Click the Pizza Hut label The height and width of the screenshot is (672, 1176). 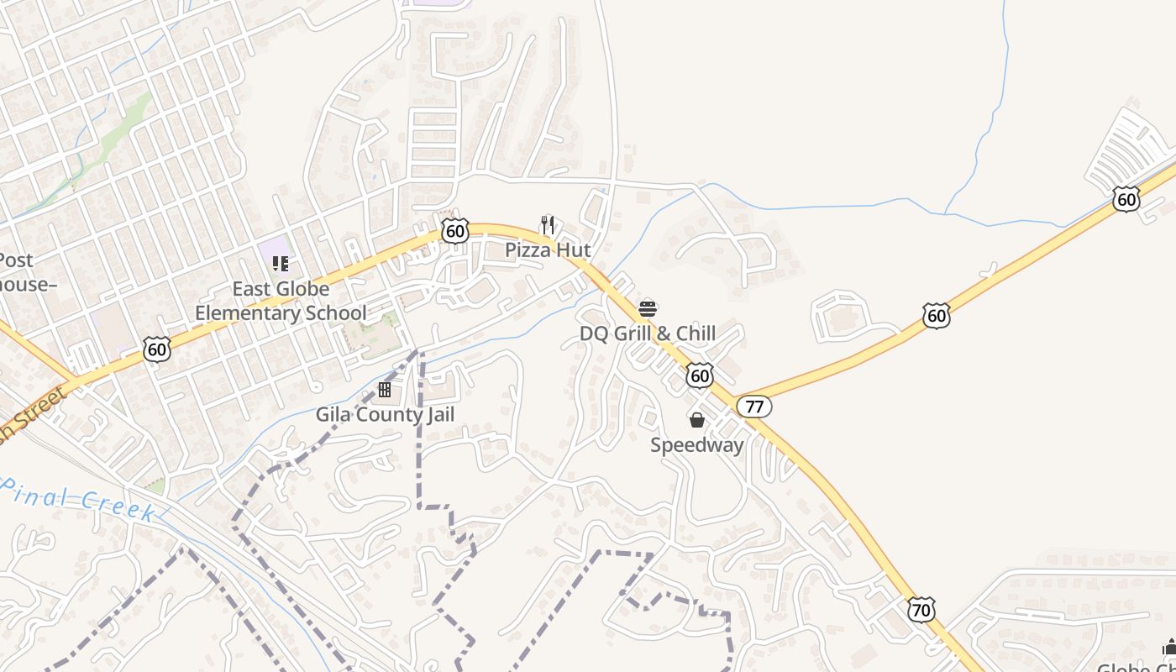click(x=548, y=249)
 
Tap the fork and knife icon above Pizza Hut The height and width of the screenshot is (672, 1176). click(x=548, y=225)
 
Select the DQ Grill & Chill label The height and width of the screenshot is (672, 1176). click(x=648, y=333)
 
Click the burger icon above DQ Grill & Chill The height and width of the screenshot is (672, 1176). click(x=648, y=308)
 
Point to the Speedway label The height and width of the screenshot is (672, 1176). click(x=696, y=444)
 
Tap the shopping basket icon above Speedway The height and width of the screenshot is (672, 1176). click(x=696, y=420)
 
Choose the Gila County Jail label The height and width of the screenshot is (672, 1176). click(x=385, y=414)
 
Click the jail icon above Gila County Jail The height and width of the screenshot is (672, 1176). click(x=385, y=390)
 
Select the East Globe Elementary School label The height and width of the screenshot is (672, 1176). click(x=281, y=301)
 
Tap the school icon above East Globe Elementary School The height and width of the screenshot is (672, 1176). click(x=281, y=264)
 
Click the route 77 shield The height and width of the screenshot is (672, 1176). click(x=754, y=407)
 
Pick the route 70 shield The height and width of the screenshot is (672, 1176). click(x=921, y=609)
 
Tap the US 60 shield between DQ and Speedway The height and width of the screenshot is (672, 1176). click(x=699, y=375)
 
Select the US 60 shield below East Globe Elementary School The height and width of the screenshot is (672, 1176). click(x=157, y=349)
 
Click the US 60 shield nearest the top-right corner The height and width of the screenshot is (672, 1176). click(x=1126, y=199)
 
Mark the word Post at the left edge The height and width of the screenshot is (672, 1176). click(x=16, y=260)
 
